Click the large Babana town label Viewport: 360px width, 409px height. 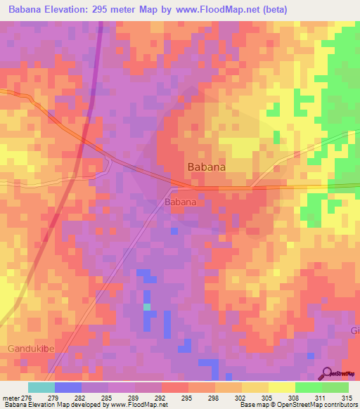[207, 167]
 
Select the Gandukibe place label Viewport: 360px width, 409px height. [31, 349]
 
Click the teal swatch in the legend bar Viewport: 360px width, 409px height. [41, 387]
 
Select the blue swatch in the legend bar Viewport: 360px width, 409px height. [67, 387]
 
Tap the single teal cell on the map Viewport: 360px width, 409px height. [146, 307]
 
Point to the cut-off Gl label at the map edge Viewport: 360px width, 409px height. [354, 331]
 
